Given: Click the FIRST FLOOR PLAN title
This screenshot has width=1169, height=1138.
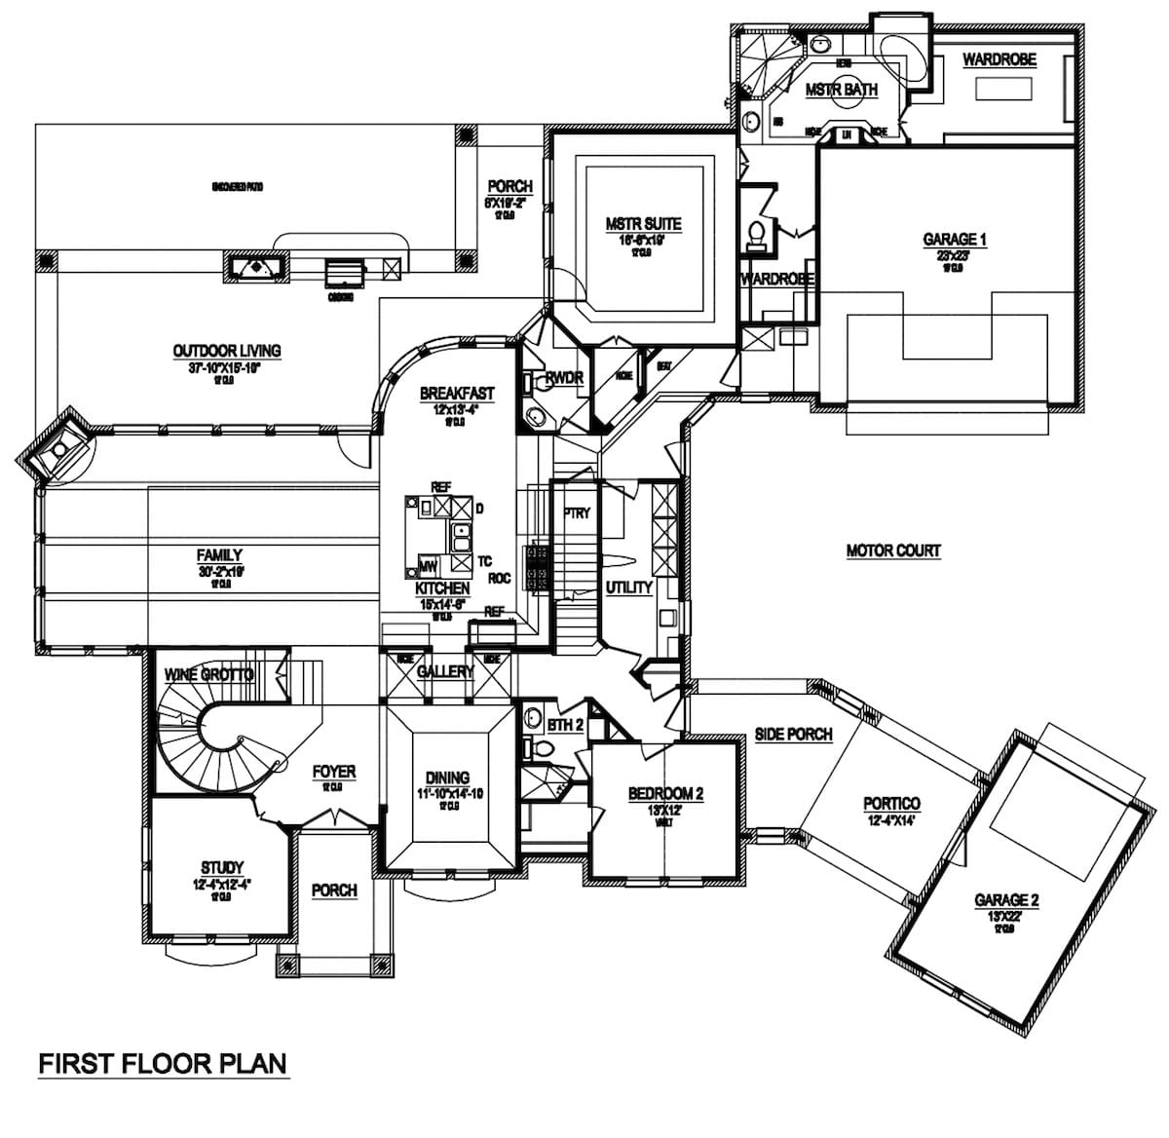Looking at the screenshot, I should click(x=163, y=1062).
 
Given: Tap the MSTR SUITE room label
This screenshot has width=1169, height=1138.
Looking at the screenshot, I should click(x=643, y=224).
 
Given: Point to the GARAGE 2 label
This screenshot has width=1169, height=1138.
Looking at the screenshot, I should click(x=1006, y=900).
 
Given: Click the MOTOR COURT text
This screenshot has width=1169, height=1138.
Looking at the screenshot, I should click(x=893, y=550).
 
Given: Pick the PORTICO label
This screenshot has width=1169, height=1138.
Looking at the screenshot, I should click(x=890, y=804).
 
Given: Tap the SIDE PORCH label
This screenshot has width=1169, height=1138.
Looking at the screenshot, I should click(x=793, y=734).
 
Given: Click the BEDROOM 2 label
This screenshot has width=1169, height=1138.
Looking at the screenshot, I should click(x=666, y=792).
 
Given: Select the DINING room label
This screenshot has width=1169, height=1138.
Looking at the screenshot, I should click(x=447, y=778).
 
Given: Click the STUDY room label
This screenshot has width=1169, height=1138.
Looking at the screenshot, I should click(x=222, y=867).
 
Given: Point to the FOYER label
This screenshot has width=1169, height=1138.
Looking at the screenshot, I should click(x=333, y=772).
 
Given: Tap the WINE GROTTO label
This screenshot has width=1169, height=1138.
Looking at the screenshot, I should click(x=208, y=674).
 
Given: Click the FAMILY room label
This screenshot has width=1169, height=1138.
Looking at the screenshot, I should click(x=219, y=555).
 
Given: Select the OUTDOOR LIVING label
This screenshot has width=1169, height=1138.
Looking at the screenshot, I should click(x=227, y=351).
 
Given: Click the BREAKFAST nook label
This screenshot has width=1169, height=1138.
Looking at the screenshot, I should click(x=457, y=394).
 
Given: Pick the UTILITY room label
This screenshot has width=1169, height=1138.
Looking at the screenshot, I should click(x=628, y=588).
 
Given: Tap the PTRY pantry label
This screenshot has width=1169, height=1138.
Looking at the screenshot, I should click(x=577, y=512).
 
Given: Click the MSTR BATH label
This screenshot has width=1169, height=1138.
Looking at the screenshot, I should click(x=842, y=90).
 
